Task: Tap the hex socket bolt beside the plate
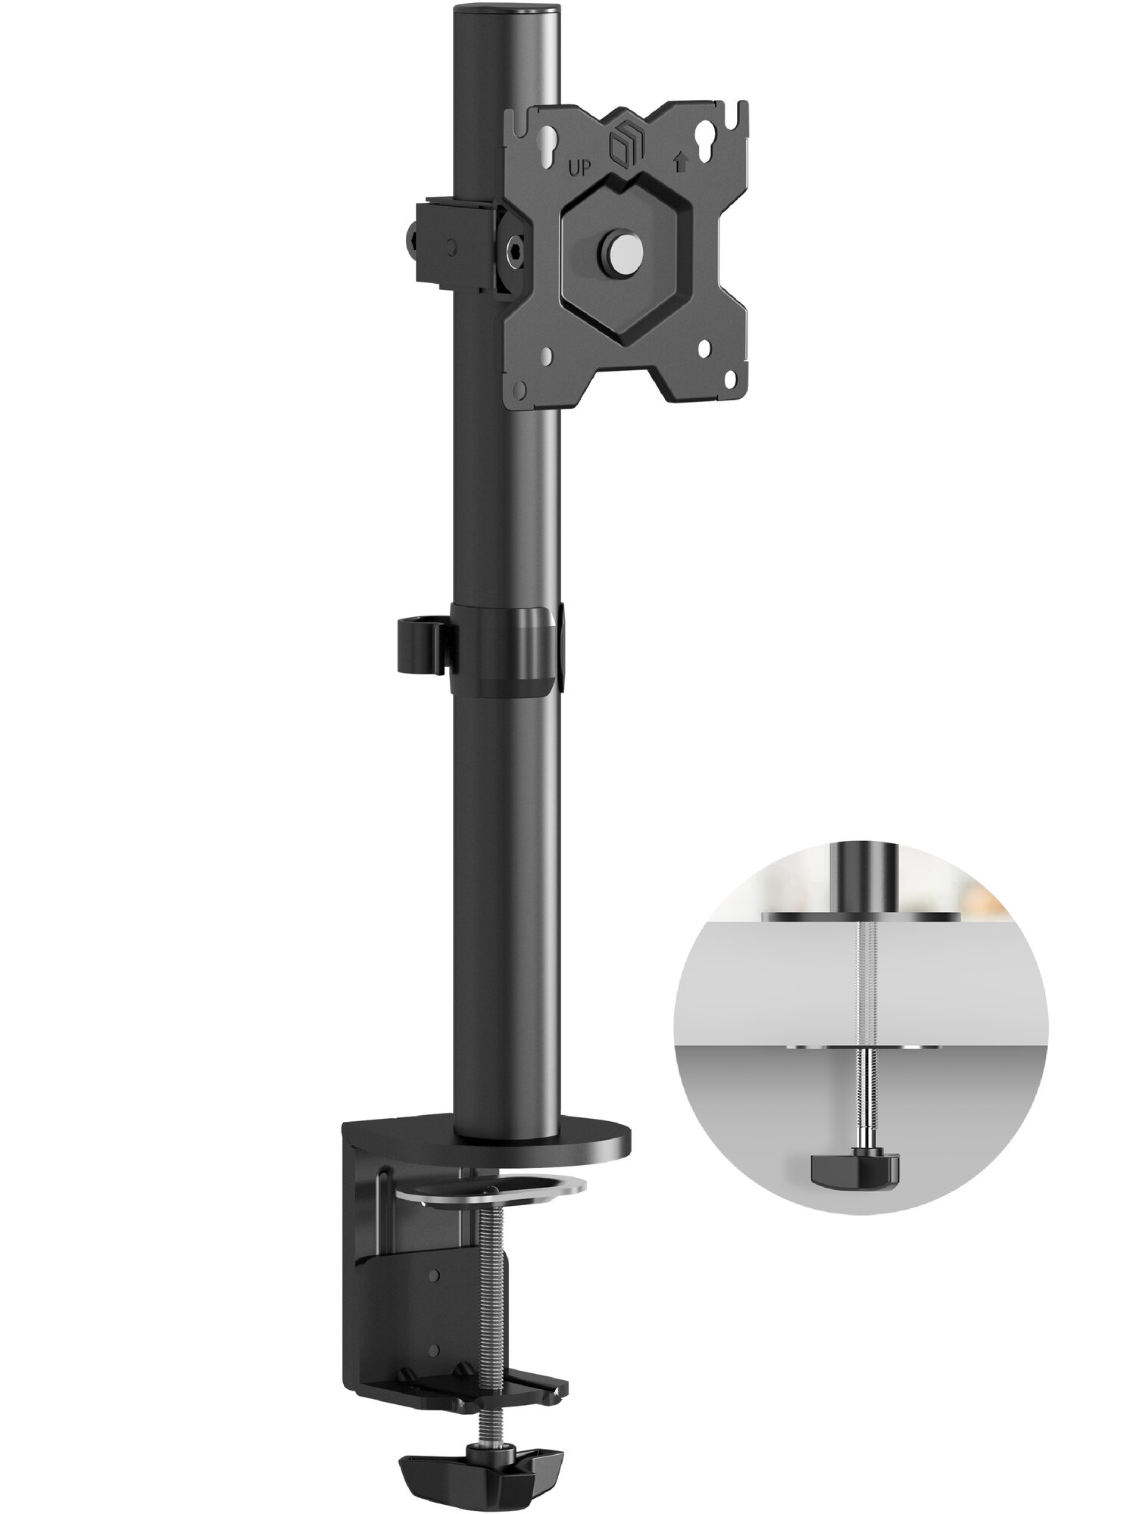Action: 513,251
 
